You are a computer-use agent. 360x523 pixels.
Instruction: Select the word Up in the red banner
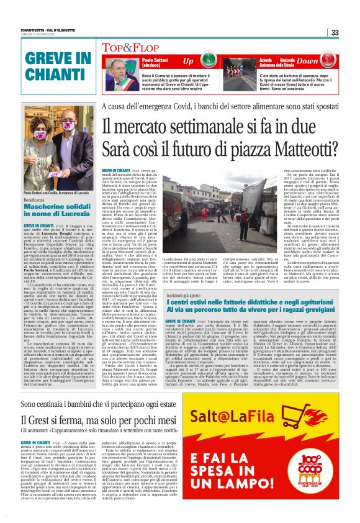pyautogui.click(x=188, y=61)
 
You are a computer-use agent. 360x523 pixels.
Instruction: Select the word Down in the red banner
pyautogui.click(x=324, y=61)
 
